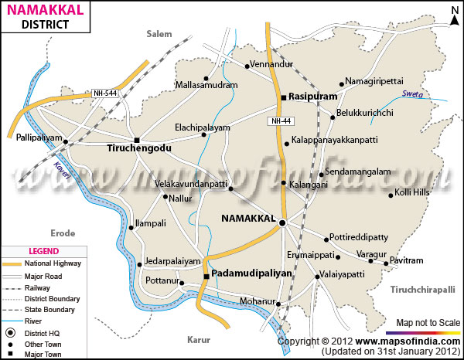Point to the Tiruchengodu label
click(x=138, y=147)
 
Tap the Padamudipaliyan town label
click(x=254, y=273)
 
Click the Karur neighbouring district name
click(x=199, y=338)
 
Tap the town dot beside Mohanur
click(x=279, y=304)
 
